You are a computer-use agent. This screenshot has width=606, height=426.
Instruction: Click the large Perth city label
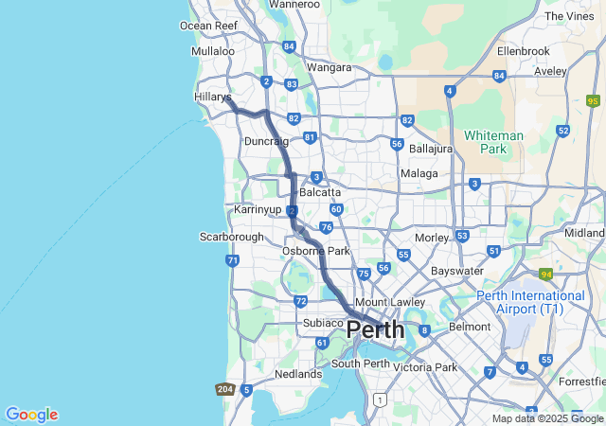[375, 330]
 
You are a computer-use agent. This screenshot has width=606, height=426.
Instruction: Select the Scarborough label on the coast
[232, 236]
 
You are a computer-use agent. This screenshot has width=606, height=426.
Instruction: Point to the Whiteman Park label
[492, 142]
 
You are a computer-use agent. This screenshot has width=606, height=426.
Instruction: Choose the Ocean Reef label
[208, 26]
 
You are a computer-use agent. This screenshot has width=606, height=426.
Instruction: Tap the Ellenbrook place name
[523, 50]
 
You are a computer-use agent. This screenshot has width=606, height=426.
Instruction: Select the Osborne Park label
[316, 251]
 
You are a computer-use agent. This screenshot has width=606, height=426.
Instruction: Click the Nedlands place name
[298, 374]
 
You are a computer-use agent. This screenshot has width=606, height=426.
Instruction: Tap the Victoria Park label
[425, 366]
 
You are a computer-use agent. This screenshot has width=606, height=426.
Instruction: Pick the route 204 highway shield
[225, 389]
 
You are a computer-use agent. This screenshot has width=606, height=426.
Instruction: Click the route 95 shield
[594, 101]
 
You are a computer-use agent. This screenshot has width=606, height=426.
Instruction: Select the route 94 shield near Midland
[546, 275]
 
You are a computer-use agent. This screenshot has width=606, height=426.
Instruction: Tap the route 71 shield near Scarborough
[233, 260]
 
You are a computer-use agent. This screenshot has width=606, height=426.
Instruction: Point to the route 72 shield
[300, 301]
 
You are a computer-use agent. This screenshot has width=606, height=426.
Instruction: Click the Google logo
[31, 415]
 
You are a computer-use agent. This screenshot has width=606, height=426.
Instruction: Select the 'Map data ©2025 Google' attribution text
[547, 418]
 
